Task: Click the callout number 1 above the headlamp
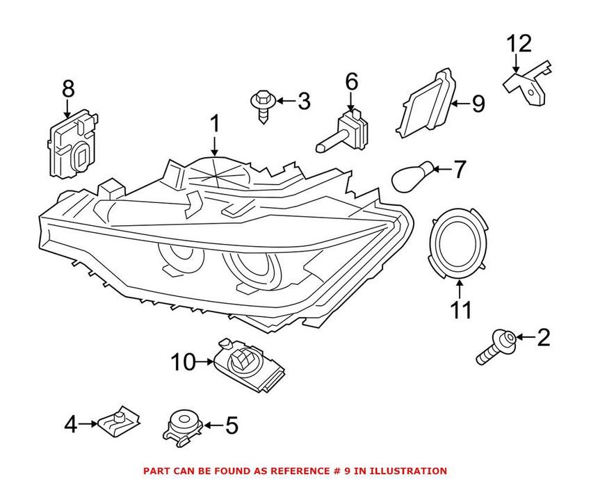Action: (x=215, y=124)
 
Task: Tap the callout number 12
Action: (x=518, y=43)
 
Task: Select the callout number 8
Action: (x=67, y=89)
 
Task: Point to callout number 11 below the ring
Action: (x=460, y=309)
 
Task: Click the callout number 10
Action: (x=184, y=362)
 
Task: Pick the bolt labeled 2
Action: (x=494, y=348)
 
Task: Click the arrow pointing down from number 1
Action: (x=215, y=145)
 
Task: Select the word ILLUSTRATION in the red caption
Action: (x=407, y=471)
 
